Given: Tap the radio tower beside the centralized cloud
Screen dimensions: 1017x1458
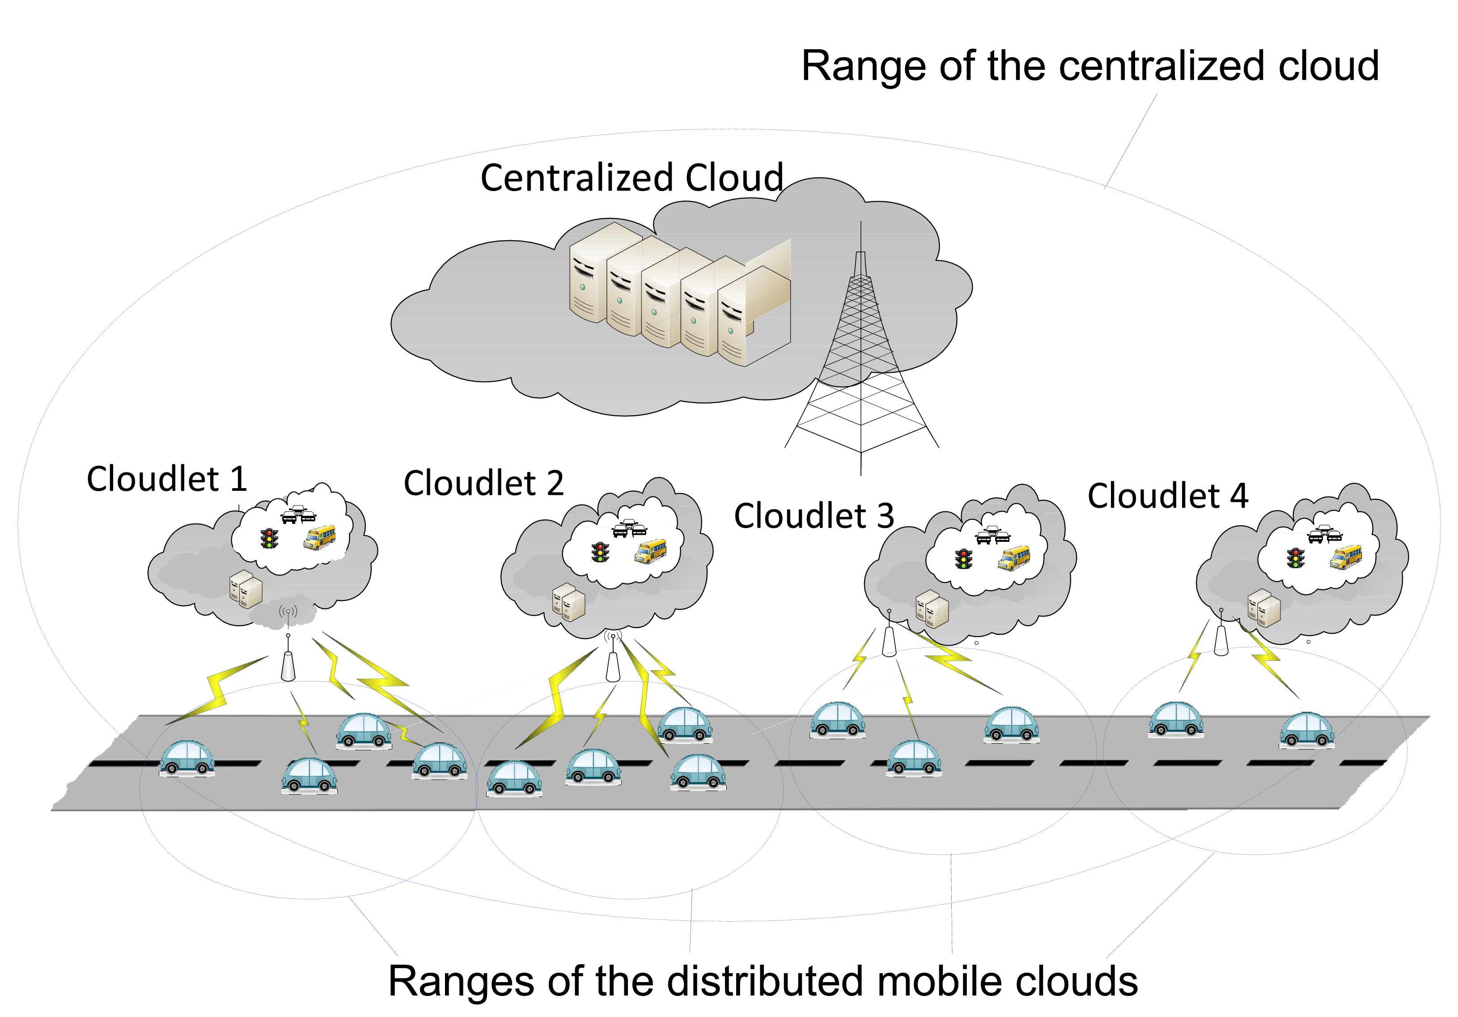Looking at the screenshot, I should [861, 356].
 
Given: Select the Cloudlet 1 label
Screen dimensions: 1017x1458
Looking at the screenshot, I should [166, 479].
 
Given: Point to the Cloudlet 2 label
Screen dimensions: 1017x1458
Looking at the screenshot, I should [483, 483].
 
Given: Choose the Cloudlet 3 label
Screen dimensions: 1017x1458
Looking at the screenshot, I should [814, 516].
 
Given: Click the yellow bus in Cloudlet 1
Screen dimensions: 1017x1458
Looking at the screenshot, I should [319, 537].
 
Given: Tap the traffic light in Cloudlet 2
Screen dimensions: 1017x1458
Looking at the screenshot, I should [600, 552].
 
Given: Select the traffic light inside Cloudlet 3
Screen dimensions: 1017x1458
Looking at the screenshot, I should [963, 558].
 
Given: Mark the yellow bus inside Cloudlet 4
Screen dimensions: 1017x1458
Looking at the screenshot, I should [1346, 557].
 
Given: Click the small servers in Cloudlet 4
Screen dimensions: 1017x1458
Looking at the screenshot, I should [1264, 608].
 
